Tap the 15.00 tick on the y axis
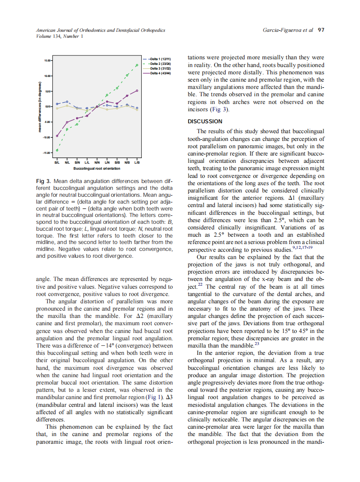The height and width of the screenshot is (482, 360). [47, 61]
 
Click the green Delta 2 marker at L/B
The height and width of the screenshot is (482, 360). [137, 65]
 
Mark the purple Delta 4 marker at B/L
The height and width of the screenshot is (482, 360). [57, 136]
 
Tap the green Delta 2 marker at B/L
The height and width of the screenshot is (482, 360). [57, 150]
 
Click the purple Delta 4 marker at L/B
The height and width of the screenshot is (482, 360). [137, 91]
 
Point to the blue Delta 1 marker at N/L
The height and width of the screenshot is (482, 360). [67, 102]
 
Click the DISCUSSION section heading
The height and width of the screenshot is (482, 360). [205, 122]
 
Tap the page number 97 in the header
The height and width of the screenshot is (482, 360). [320, 30]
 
